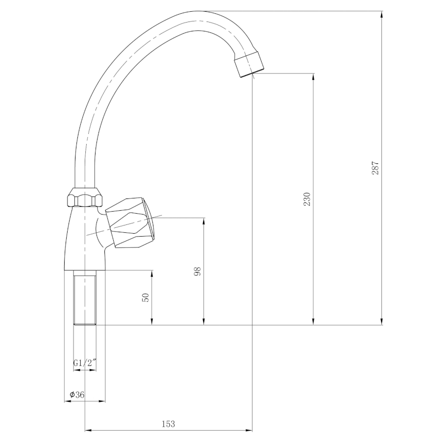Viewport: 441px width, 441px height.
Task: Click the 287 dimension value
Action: pos(375,168)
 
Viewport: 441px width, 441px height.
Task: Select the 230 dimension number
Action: pos(307,199)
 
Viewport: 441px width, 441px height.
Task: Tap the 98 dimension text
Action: pos(197,271)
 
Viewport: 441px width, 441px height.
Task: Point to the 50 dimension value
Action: pos(146,297)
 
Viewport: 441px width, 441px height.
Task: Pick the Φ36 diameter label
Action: pos(77,394)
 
